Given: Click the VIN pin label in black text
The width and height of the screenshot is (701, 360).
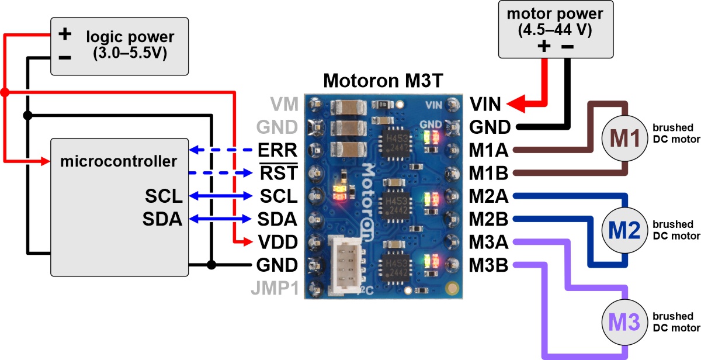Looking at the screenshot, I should click(485, 105).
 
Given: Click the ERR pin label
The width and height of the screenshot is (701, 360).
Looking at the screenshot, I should click(277, 150).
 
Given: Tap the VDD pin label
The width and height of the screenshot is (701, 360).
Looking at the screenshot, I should click(277, 242).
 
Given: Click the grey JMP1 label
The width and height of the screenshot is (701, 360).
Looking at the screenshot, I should click(272, 288).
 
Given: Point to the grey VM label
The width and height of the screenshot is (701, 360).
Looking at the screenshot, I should click(284, 105).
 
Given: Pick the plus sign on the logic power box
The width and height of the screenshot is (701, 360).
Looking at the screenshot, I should click(65, 34).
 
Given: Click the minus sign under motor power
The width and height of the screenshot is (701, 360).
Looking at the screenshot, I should click(568, 47).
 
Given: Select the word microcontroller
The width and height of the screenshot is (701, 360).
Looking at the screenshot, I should click(119, 161).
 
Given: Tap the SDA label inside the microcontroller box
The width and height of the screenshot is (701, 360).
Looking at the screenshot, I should click(162, 219).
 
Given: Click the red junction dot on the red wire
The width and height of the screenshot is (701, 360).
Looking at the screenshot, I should click(5, 92).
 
